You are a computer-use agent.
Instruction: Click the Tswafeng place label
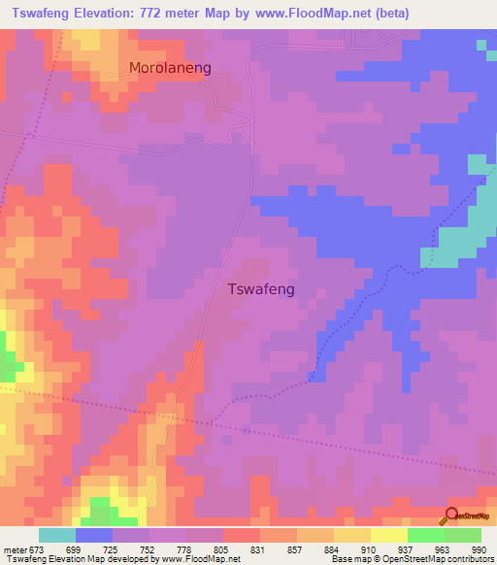[x=260, y=288]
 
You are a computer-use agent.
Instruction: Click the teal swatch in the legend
[x=57, y=535]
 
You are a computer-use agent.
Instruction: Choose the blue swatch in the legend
[x=94, y=535]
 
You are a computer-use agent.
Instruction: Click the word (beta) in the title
[x=388, y=13]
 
